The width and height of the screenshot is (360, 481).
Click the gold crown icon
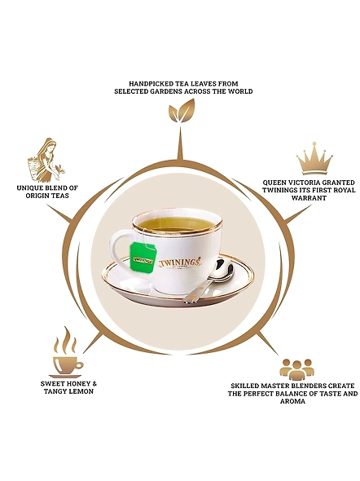click(314, 158)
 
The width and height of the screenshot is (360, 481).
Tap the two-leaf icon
click(182, 111)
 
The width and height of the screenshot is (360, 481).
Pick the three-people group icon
click(297, 369)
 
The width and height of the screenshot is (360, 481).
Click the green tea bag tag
click(143, 256)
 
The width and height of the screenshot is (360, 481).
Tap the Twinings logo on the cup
click(181, 263)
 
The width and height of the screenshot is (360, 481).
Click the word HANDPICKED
click(147, 83)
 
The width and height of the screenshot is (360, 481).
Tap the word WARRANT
click(309, 198)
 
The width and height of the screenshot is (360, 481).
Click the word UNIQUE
click(29, 188)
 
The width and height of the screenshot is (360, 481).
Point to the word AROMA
click(292, 401)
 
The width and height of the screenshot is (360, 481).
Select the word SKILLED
click(244, 386)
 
